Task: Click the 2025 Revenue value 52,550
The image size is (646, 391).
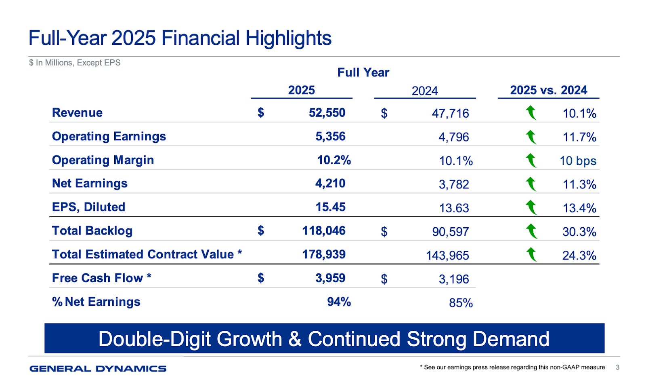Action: [327, 113]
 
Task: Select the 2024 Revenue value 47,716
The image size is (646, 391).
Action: [450, 114]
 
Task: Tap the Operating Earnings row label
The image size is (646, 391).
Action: [109, 137]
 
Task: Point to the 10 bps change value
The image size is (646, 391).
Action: [578, 161]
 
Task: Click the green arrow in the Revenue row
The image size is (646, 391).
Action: [531, 113]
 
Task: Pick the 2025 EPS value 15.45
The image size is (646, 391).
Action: [330, 207]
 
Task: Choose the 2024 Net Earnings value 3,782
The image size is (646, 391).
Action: [454, 184]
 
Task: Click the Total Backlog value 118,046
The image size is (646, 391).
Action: [324, 231]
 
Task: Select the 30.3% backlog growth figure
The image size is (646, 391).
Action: [579, 232]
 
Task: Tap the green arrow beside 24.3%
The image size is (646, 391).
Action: [531, 255]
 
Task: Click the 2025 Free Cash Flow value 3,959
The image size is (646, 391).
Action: [330, 278]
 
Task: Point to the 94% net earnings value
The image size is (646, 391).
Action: [339, 302]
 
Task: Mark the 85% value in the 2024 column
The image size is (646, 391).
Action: [461, 303]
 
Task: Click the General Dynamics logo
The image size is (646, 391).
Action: [98, 368]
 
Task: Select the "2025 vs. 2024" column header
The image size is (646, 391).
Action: [548, 90]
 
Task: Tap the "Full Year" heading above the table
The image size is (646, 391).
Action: [363, 72]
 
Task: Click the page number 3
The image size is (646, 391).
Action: [617, 367]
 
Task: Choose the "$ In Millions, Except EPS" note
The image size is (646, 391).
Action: [75, 63]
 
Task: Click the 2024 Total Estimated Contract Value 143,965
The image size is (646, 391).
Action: [447, 256]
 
